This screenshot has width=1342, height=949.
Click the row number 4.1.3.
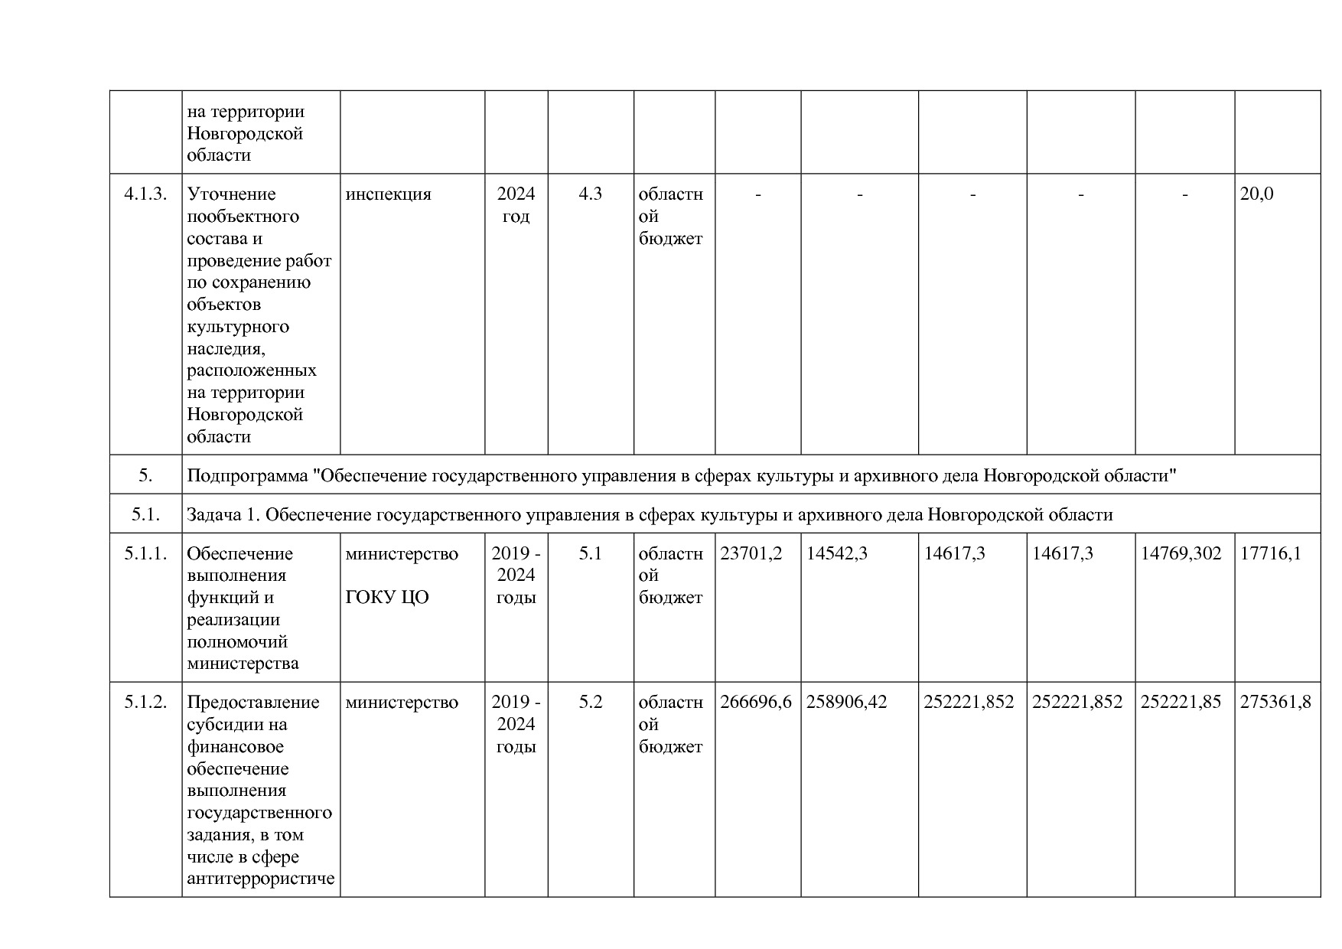click(145, 194)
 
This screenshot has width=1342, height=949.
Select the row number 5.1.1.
click(145, 553)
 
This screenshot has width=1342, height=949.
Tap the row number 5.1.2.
click(145, 702)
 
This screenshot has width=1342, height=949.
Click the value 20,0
click(1256, 194)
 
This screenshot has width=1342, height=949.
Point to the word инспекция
click(388, 194)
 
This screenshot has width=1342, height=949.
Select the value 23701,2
click(751, 553)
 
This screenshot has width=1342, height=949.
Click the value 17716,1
click(1270, 553)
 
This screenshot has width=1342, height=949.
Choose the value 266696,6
click(755, 702)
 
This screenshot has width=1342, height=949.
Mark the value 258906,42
click(846, 702)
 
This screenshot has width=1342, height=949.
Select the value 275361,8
click(1275, 702)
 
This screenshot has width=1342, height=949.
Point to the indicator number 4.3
click(590, 194)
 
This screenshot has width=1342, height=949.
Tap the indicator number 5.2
click(590, 702)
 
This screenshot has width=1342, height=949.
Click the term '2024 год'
click(516, 205)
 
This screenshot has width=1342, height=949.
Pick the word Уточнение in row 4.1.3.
click(231, 194)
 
